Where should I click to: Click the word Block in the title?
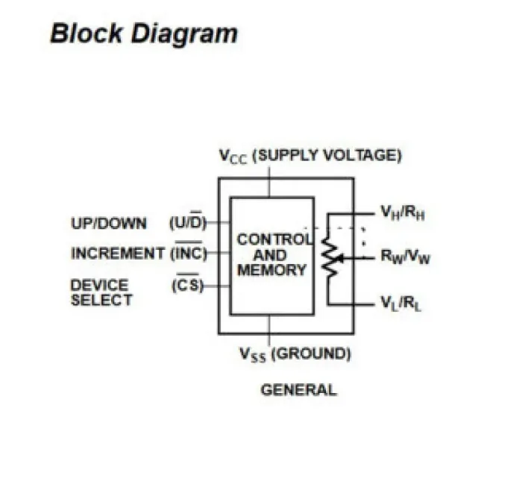pos(87,33)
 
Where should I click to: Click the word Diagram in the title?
pos(184,35)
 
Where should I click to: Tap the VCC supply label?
pos(233,157)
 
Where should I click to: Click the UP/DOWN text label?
pos(109,223)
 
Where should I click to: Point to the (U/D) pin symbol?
pos(188,221)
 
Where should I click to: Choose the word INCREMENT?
pos(118,254)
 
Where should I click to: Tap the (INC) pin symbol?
pos(189,251)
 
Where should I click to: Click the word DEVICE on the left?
pos(100,285)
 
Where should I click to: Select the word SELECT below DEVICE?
pos(101,300)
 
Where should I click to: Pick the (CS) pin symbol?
pos(188,284)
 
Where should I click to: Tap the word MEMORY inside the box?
pos(272,270)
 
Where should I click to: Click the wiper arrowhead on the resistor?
pos(340,259)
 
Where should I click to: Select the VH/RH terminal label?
pos(403,213)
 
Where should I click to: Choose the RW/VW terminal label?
pos(406,257)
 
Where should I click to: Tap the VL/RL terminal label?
pos(400,303)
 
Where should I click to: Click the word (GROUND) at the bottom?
pos(311,354)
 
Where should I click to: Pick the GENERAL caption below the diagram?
pos(299,389)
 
